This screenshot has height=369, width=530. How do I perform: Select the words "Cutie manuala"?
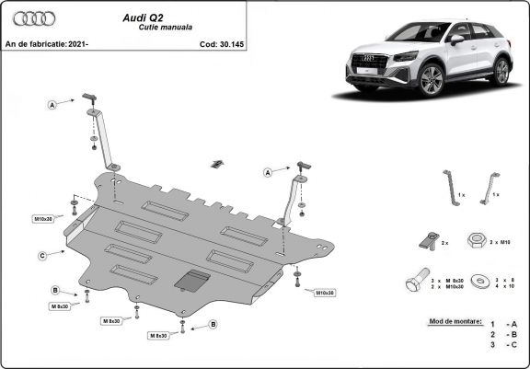(x=139, y=29)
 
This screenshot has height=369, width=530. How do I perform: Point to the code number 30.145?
(x=227, y=43)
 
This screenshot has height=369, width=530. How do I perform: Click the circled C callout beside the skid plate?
(x=42, y=255)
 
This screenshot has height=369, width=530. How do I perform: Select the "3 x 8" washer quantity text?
(x=505, y=279)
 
